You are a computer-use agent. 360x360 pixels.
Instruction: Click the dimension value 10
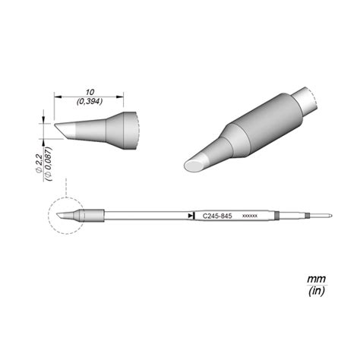tap(90, 92)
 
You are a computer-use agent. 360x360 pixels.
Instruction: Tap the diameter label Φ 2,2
tap(39, 163)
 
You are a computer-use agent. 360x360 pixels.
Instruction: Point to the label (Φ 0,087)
tap(48, 164)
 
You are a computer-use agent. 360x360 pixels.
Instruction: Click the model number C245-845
tap(217, 216)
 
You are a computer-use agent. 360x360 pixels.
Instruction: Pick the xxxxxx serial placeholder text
tap(250, 216)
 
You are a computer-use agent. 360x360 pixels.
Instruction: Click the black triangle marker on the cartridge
tap(190, 216)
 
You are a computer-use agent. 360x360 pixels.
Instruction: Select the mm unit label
tap(316, 279)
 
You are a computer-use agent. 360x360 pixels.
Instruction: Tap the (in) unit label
tap(317, 291)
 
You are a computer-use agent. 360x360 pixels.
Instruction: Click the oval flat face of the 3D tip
tap(194, 166)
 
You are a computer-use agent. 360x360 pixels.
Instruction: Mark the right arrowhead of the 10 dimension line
tap(120, 96)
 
